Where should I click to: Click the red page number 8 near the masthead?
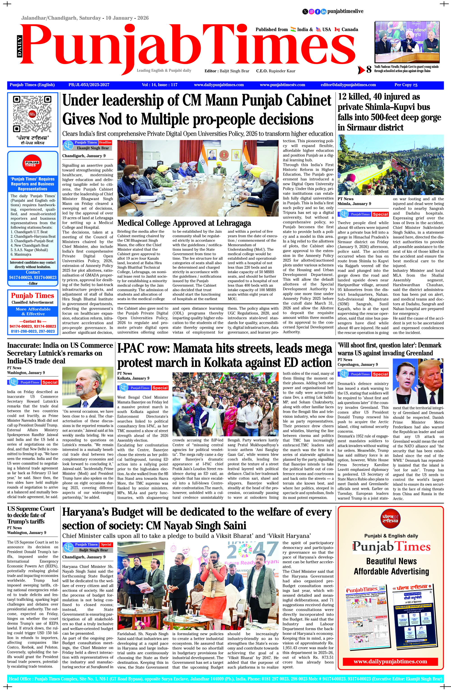369,69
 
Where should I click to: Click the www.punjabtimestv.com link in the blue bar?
282,85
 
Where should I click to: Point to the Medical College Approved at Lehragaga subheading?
184,223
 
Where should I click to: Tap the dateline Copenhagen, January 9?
357,365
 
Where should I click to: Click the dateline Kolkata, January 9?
133,378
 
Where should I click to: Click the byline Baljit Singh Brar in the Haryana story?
93,550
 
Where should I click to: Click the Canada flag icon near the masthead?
337,30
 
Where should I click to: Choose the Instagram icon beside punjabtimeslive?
311,12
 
